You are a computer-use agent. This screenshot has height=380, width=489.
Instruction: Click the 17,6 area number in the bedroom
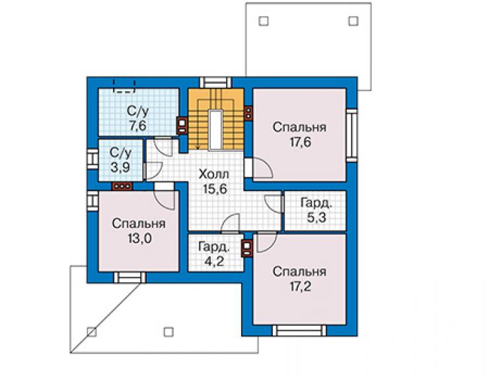[x=300, y=142]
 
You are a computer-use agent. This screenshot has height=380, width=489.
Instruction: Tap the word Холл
[x=214, y=174]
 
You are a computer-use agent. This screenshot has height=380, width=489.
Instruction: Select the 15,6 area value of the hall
[x=215, y=189]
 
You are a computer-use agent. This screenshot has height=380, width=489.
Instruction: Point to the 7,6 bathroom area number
[x=137, y=126]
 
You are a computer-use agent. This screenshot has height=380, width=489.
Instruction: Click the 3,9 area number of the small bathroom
[x=120, y=168]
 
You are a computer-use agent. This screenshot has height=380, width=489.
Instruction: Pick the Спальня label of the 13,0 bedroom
[x=139, y=223]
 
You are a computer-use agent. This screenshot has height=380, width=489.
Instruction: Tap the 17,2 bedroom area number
[x=300, y=286]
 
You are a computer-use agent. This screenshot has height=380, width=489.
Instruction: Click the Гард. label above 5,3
[x=317, y=203]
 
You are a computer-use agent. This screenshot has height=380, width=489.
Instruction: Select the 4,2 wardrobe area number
[x=214, y=261]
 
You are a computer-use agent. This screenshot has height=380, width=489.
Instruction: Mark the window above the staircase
[x=215, y=83]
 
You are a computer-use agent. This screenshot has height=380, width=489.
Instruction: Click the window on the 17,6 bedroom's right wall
[x=352, y=135]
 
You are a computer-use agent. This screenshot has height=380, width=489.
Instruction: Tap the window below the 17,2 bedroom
[x=299, y=330]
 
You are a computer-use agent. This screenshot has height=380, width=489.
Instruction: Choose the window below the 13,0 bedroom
[x=130, y=278]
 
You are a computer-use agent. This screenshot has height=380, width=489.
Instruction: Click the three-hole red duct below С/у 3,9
[x=122, y=186]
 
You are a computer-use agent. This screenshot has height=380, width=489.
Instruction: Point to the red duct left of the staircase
[x=182, y=126]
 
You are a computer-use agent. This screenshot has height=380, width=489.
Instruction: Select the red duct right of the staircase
[x=248, y=112]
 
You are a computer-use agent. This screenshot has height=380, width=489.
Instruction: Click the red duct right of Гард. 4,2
[x=247, y=248]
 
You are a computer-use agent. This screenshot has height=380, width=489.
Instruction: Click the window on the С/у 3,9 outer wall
[x=93, y=159]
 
